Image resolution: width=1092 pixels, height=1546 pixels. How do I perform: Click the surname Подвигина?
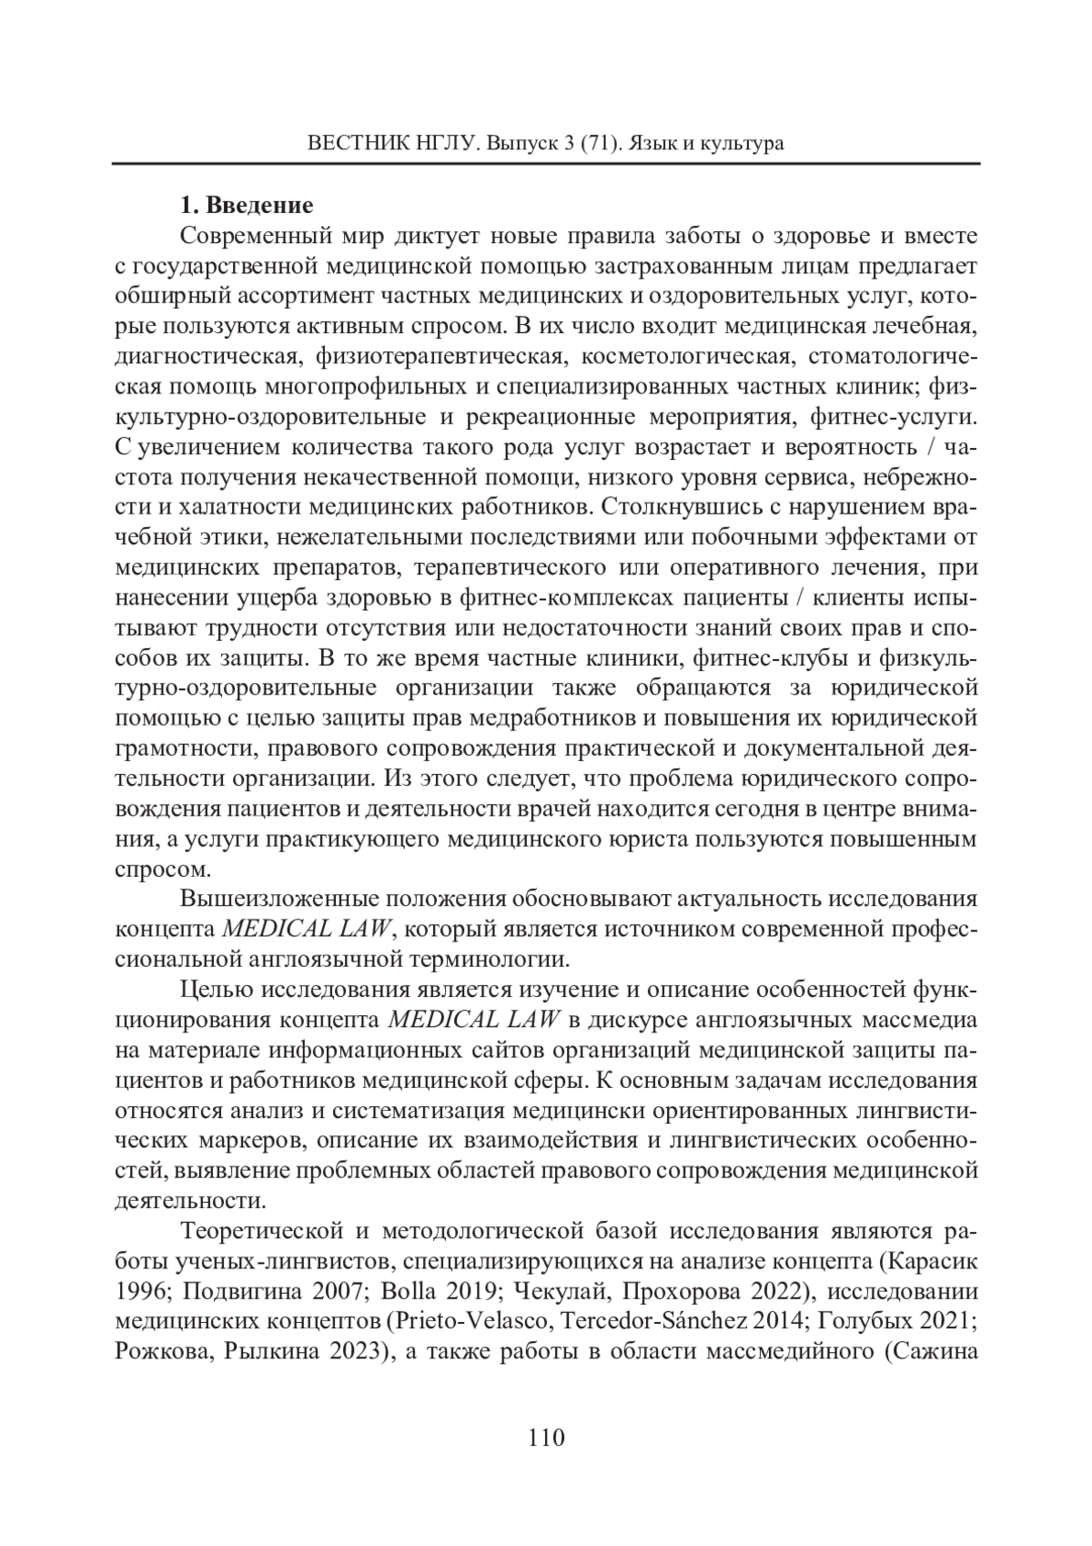(233, 1292)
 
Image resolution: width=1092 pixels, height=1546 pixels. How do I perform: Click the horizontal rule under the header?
(546, 164)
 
